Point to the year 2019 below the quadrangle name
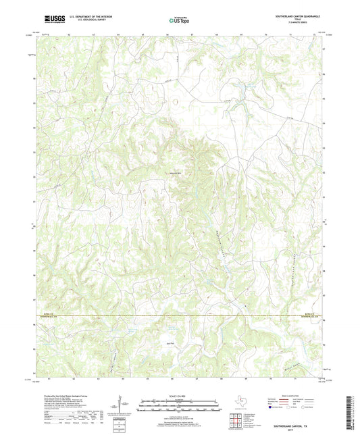[x=291, y=423]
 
